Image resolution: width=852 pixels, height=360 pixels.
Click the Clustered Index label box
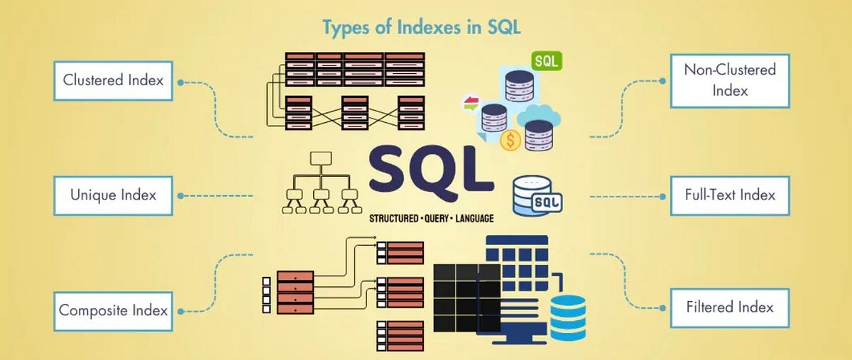tap(113, 80)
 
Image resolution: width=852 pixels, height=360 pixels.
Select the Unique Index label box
tap(113, 195)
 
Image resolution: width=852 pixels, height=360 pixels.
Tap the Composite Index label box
tap(113, 310)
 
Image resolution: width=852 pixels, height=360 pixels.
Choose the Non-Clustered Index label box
tap(729, 80)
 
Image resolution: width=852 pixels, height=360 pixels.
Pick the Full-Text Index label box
tap(729, 195)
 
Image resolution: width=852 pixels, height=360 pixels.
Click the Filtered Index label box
tap(729, 308)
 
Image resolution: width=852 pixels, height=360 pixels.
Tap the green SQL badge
tap(545, 60)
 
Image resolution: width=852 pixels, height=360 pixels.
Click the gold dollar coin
tap(509, 141)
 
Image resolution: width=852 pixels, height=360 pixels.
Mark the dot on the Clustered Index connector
tap(180, 82)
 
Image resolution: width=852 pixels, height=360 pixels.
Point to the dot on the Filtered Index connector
tap(662, 308)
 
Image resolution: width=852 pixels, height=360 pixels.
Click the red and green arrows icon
tap(470, 104)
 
